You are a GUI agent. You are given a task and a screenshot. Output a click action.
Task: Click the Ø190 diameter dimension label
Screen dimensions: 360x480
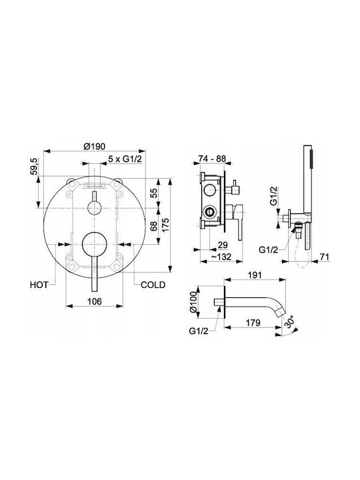coord(94,146)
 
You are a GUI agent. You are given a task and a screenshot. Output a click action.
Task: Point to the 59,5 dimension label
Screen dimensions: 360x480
coord(34,167)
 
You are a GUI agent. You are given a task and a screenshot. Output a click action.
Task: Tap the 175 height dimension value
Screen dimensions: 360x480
coord(165,225)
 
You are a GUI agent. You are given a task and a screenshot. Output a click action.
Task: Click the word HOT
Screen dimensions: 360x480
coord(39,285)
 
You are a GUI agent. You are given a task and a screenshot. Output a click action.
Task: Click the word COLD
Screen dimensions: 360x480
coord(153,285)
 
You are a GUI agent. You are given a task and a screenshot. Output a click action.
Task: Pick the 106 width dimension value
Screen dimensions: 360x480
coord(94,301)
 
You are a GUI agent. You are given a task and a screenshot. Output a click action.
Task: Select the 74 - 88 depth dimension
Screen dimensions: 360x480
coord(212,159)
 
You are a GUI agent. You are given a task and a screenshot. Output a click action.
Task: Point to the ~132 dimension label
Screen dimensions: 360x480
coord(221,257)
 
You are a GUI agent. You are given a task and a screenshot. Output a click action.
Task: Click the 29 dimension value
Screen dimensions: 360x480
coord(223,245)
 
